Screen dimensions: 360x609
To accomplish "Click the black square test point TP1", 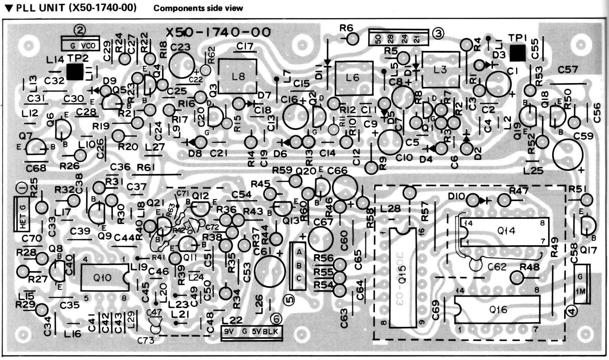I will click(517, 53).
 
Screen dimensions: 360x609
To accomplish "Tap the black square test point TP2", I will click(75, 72).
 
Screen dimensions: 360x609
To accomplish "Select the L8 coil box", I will click(237, 76).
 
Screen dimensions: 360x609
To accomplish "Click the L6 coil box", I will click(354, 78).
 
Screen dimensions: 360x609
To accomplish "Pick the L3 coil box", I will click(440, 70).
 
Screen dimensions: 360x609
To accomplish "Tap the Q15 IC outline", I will click(403, 278).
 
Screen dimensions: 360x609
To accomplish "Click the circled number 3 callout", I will click(438, 33).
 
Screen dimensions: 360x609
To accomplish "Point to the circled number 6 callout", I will click(276, 319).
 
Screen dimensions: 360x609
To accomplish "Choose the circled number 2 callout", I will click(80, 30).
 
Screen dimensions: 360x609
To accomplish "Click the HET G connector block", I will click(21, 214).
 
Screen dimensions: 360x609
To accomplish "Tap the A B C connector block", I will click(298, 265).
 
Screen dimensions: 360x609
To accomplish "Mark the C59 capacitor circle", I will click(568, 155).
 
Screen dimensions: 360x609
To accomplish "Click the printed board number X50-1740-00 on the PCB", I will click(219, 32).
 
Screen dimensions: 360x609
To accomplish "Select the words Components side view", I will click(198, 8).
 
